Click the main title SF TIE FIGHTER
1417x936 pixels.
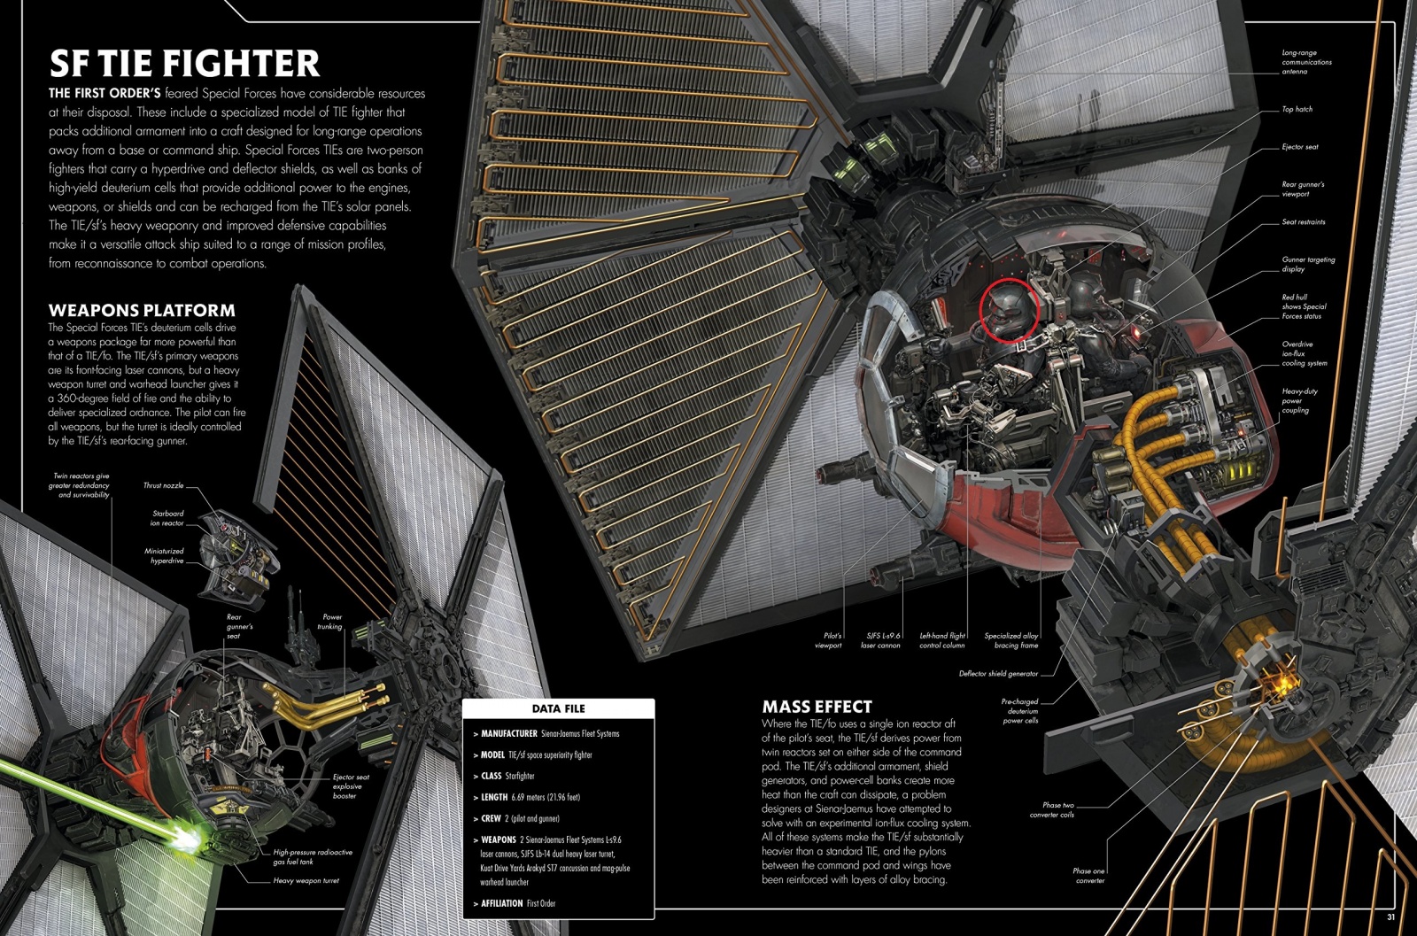(x=184, y=62)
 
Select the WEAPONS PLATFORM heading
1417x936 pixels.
(x=142, y=310)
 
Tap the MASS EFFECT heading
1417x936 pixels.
(x=817, y=707)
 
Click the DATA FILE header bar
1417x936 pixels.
(x=558, y=708)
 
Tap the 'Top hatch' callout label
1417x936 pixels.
(x=1297, y=109)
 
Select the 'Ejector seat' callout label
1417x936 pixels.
(x=1300, y=147)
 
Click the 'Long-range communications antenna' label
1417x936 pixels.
(x=1306, y=62)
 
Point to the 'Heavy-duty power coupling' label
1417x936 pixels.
(x=1300, y=400)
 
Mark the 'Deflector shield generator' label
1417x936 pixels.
(x=998, y=674)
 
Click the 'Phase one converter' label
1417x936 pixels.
(x=1088, y=875)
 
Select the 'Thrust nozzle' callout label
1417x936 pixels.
(x=164, y=485)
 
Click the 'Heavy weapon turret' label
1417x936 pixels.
(x=306, y=880)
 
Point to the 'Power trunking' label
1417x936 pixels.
(x=330, y=622)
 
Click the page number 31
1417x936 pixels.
(x=1391, y=917)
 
